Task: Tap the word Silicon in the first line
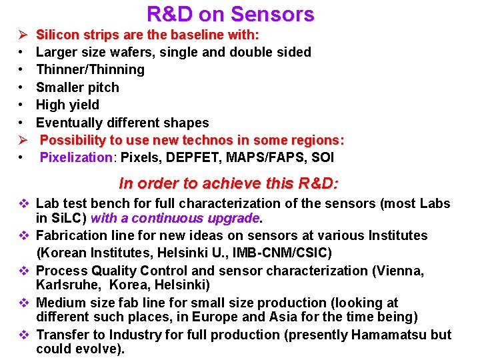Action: pos(56,34)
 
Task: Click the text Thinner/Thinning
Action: pos(90,69)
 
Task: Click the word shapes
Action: pos(186,123)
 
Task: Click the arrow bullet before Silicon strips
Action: pos(22,34)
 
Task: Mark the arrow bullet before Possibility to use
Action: pos(22,141)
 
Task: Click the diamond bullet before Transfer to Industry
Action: pos(22,335)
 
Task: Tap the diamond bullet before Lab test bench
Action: pos(22,203)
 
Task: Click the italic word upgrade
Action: pos(234,218)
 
